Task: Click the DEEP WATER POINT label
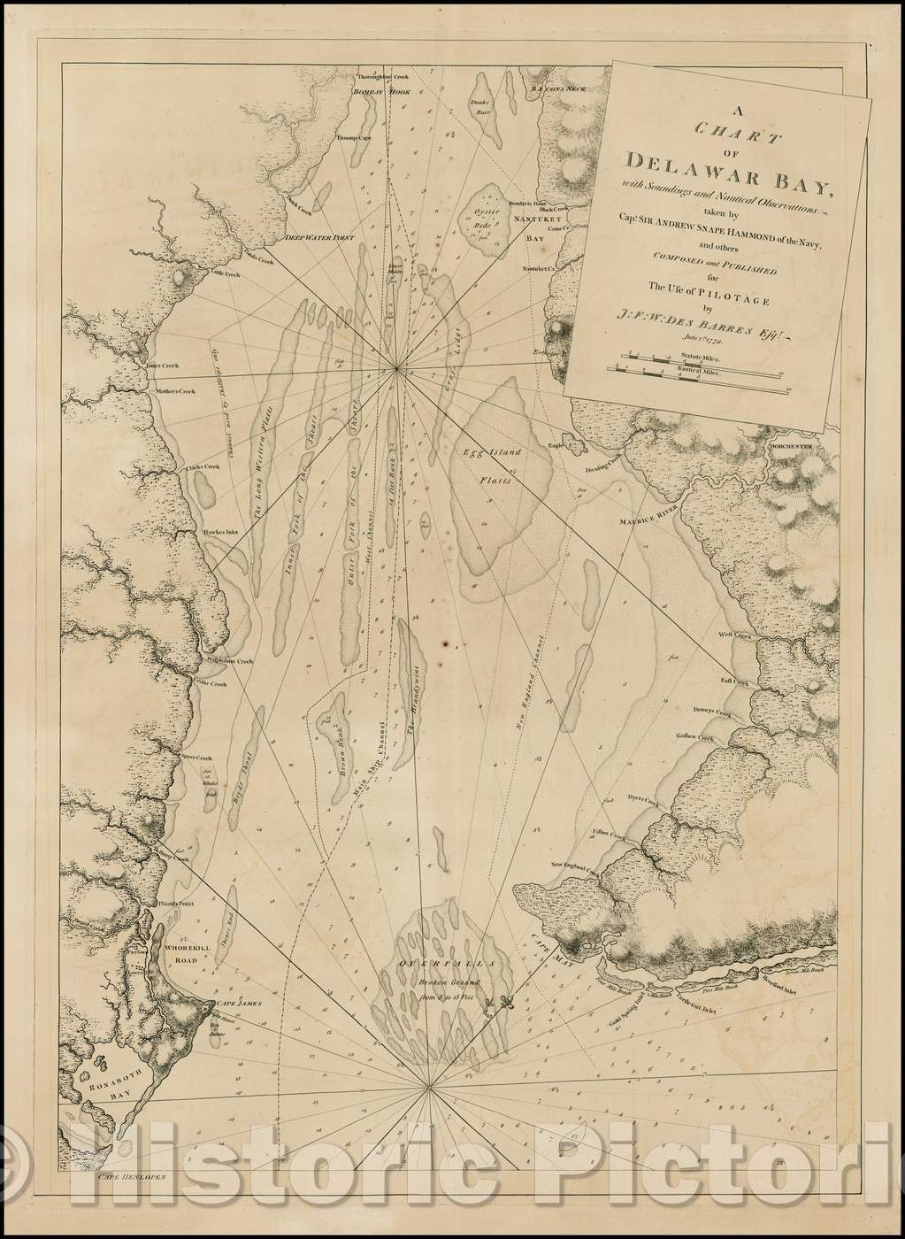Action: coord(314,238)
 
